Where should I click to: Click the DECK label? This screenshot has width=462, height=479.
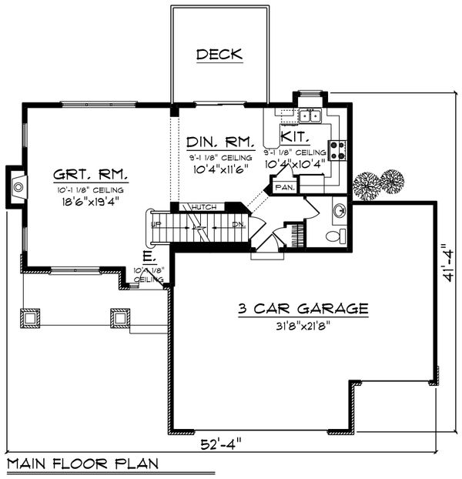(x=219, y=55)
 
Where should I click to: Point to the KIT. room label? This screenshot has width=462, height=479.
(x=295, y=136)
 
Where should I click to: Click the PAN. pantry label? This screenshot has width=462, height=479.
(x=285, y=186)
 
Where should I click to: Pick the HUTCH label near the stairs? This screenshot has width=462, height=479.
(x=204, y=207)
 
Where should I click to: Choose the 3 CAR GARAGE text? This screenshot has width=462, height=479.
(x=302, y=309)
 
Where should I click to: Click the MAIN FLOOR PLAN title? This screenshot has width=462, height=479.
(x=82, y=464)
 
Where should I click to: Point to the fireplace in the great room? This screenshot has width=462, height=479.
(x=18, y=185)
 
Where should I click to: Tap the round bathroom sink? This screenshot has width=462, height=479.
(x=338, y=209)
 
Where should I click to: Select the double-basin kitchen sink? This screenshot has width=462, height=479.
(x=310, y=116)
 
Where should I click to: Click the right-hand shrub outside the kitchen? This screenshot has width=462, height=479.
(x=391, y=183)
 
